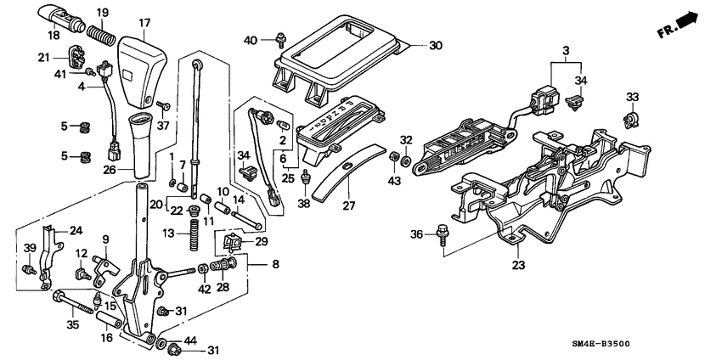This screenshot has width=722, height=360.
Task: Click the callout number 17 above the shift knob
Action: [144, 23]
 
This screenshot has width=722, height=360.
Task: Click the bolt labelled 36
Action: [443, 232]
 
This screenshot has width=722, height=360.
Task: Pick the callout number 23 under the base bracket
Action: [518, 265]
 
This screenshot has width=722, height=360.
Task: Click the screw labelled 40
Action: [279, 37]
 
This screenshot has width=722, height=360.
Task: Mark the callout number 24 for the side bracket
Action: [76, 230]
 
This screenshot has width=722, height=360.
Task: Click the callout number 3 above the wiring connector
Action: [564, 53]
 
